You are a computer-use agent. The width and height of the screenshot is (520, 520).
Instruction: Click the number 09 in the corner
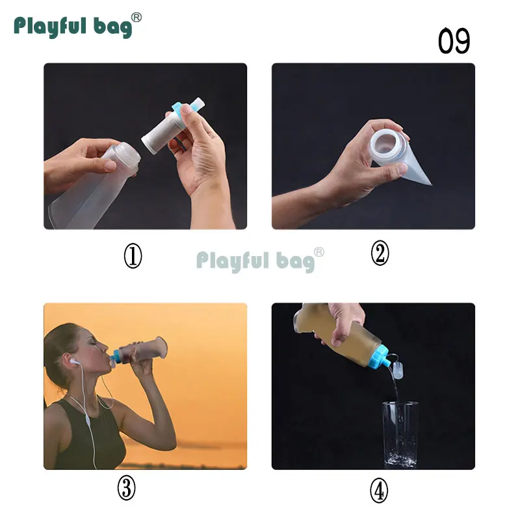454,41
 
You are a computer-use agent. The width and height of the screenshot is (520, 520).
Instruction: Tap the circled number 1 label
133,256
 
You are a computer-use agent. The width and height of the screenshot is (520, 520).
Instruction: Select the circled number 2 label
380,253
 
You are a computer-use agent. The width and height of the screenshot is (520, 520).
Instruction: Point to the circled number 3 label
126,487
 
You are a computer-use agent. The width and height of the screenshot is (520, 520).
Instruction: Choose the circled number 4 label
379,491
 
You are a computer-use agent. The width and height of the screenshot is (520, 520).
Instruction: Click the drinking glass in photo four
400,434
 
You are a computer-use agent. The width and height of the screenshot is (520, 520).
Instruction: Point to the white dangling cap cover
398,370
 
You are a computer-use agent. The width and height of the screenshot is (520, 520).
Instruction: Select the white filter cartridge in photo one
162,133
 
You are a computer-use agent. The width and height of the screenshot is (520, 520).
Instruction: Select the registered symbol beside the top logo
136,18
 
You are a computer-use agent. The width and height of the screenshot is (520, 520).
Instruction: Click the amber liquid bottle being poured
338,335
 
